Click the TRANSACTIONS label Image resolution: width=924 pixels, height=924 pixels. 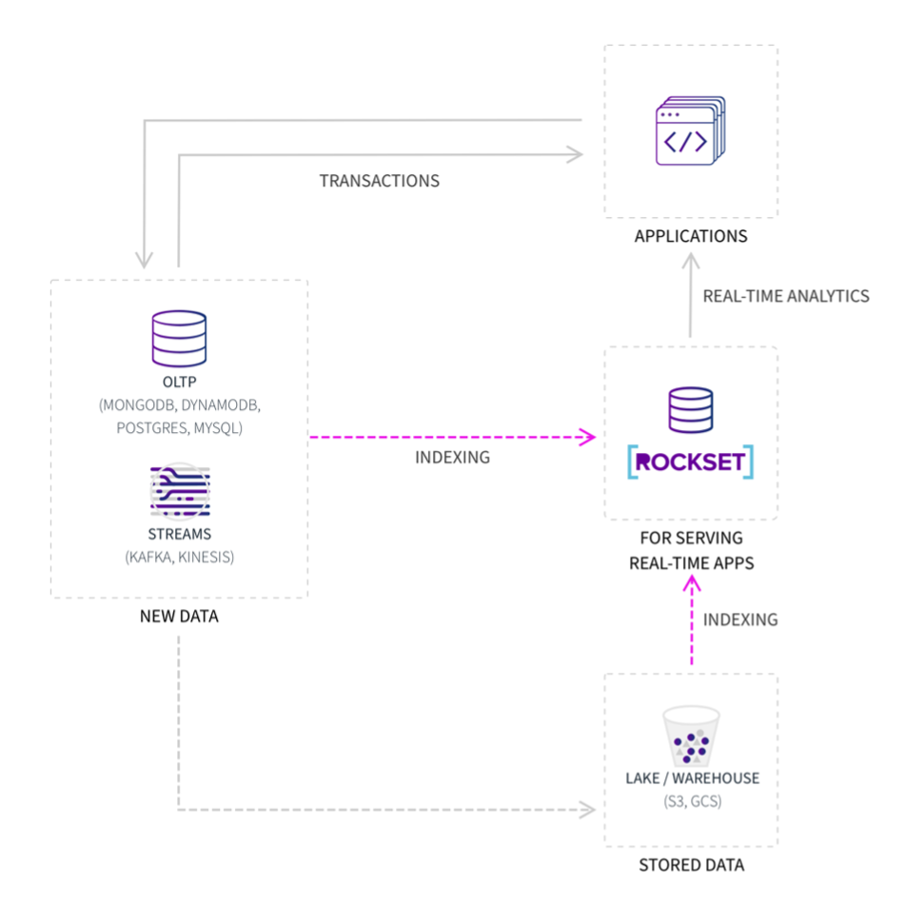379,181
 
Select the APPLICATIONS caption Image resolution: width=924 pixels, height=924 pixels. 691,236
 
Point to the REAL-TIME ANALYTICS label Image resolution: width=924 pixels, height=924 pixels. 786,296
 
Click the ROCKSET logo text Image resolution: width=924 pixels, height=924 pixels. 691,462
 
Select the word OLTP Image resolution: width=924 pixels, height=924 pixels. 179,383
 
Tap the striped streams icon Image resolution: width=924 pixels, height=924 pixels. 179,491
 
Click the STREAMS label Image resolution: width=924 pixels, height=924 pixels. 179,534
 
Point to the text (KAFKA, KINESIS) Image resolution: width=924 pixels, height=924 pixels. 179,557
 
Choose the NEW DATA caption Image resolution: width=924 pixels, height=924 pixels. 179,617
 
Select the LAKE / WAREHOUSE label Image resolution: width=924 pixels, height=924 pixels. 692,778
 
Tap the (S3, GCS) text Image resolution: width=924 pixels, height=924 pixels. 692,801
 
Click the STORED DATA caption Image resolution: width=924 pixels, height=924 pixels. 691,865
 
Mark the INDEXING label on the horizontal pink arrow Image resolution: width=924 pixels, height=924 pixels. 452,458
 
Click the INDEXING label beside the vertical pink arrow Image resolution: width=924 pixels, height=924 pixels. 740,620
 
